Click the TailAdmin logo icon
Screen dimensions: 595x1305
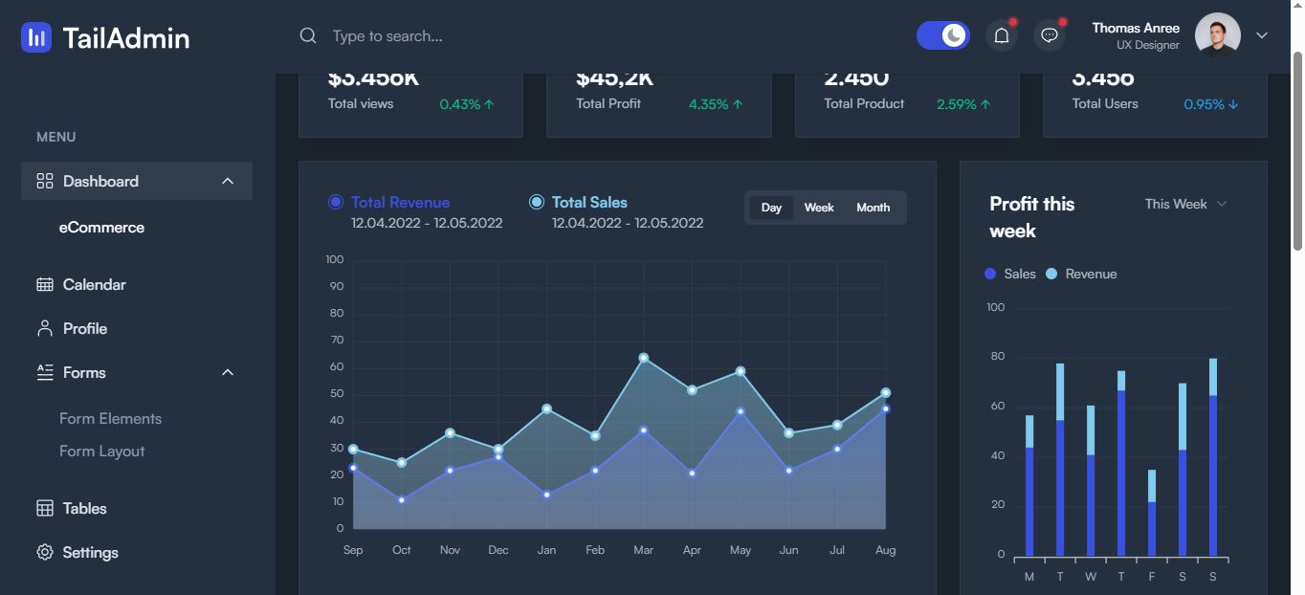(36, 37)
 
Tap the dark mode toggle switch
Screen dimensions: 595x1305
(942, 35)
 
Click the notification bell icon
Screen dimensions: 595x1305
(1002, 36)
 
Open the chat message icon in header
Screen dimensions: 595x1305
(1050, 36)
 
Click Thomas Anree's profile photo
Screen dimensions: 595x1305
(1217, 35)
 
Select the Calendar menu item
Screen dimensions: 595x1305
(94, 284)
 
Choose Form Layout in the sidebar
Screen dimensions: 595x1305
(101, 451)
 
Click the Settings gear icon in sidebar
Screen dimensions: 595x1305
(45, 552)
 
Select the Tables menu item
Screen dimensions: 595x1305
(84, 508)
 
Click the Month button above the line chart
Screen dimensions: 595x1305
(873, 208)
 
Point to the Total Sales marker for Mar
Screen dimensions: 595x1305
(643, 358)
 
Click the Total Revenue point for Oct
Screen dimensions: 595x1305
(402, 499)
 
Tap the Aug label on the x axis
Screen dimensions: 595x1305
(885, 550)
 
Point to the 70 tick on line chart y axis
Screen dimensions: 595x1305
(336, 340)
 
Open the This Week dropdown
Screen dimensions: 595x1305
(1184, 204)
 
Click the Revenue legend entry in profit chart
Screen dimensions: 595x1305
(1081, 274)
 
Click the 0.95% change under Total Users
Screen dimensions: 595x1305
(1210, 104)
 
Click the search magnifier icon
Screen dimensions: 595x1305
(308, 35)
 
